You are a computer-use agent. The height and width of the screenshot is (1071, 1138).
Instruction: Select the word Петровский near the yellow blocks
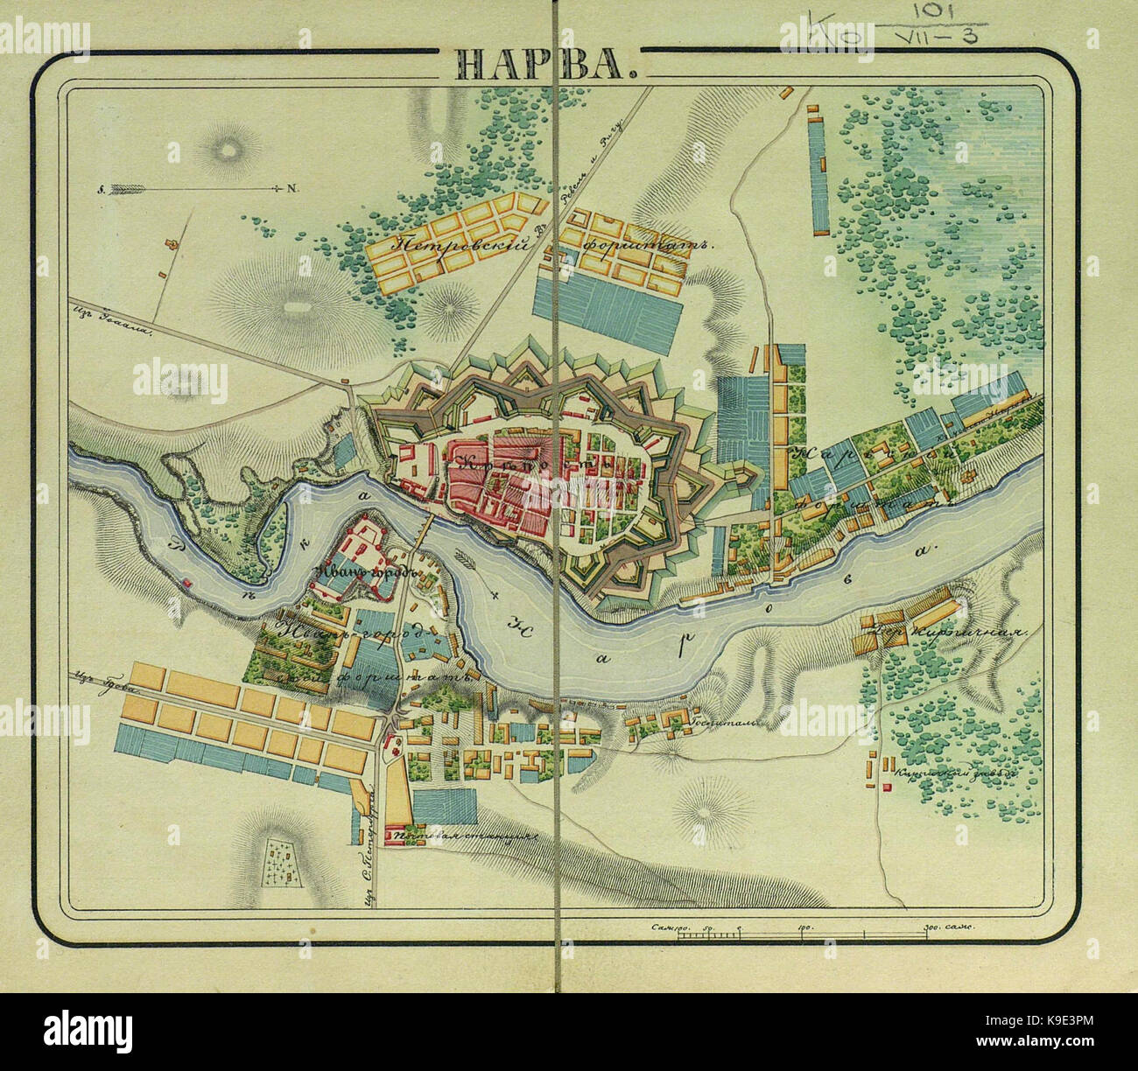(x=463, y=248)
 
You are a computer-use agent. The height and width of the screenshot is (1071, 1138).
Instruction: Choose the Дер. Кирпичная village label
(x=942, y=632)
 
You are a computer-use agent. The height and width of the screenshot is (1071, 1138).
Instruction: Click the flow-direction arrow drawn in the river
(x=472, y=557)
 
